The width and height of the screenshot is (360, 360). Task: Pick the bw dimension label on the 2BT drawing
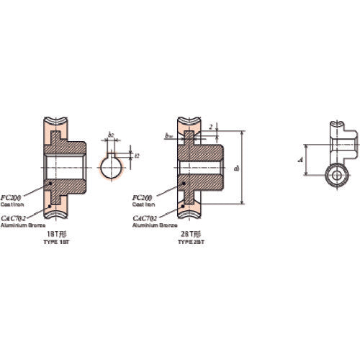point(167,134)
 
